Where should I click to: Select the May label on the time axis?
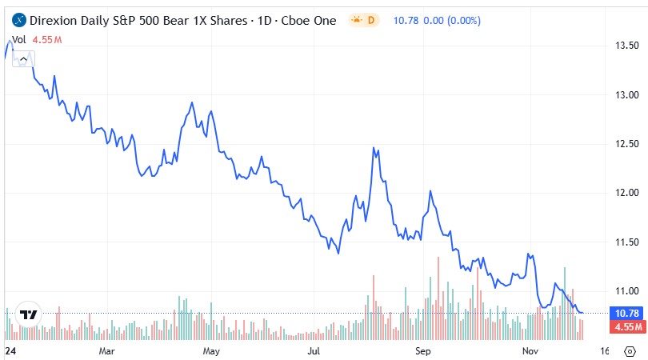(x=211, y=350)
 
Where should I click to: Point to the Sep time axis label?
(x=423, y=350)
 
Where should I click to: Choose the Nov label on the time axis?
(x=529, y=350)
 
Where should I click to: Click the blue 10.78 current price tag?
(x=626, y=313)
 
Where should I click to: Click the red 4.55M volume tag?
(x=626, y=326)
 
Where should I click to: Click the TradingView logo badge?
(x=29, y=315)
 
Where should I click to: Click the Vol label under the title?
(x=18, y=38)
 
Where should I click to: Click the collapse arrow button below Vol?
(x=23, y=58)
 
